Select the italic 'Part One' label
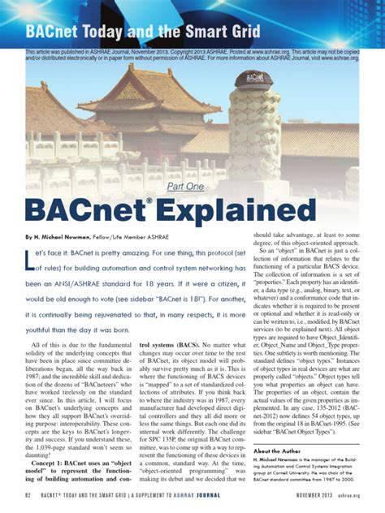tap(185, 187)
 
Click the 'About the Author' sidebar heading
tap(280, 450)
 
